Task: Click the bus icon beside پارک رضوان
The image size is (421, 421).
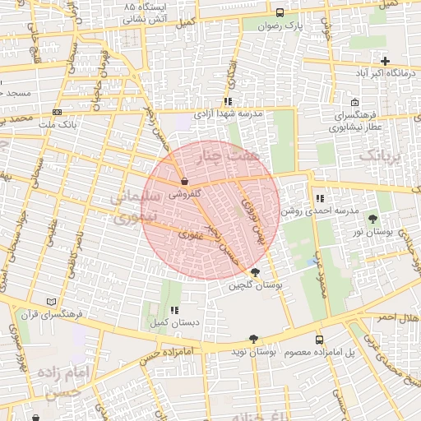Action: [x=280, y=13]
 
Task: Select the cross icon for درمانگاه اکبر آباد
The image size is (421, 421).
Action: [x=385, y=61]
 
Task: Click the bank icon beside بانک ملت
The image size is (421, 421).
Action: [x=56, y=112]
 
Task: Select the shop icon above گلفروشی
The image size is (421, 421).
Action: [x=183, y=181]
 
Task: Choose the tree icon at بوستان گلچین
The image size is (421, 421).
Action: [x=255, y=272]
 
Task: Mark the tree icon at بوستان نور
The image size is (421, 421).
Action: [x=374, y=218]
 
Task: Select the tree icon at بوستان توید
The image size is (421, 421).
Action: [x=252, y=339]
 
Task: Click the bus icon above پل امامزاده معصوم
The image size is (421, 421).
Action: [x=319, y=340]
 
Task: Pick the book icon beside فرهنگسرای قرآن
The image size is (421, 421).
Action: [x=53, y=301]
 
